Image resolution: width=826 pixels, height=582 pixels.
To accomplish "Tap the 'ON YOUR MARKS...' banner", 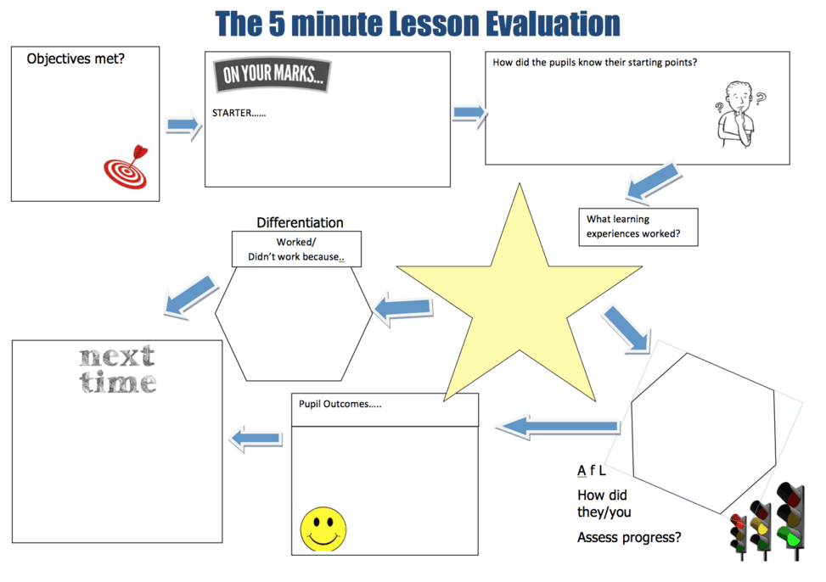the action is click(272, 75).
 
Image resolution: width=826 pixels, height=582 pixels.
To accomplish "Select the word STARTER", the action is click(231, 113).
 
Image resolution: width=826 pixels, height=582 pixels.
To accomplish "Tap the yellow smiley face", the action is click(323, 529).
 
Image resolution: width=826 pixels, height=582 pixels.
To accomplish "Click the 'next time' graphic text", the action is click(117, 369).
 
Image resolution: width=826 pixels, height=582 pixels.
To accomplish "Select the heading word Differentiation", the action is click(300, 222).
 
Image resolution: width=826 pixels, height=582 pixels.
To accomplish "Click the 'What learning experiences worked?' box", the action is click(638, 227).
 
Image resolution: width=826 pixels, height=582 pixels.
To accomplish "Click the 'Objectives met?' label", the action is click(76, 59).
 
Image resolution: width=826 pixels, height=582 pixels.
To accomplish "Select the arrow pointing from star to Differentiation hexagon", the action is click(403, 308).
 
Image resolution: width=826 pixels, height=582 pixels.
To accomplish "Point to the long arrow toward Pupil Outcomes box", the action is click(559, 427).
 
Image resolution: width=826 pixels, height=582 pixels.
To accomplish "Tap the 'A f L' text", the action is click(591, 470).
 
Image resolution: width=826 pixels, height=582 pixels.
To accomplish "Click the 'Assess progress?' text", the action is click(629, 537).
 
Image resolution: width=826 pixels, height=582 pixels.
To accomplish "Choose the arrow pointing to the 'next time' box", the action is click(256, 439).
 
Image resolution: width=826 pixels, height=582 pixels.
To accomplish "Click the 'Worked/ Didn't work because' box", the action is click(296, 249).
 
